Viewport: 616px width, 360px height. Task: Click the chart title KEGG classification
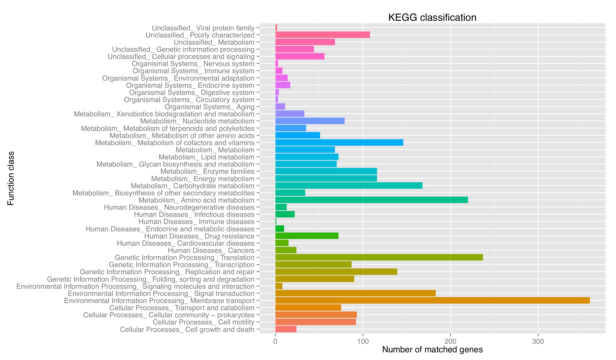point(432,17)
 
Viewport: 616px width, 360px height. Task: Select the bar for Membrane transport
point(432,301)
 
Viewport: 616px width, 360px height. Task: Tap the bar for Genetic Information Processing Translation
point(379,257)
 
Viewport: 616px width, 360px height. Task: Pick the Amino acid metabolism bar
point(372,200)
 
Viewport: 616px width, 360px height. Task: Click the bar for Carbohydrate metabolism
point(349,186)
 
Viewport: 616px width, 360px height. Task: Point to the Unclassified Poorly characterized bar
point(323,35)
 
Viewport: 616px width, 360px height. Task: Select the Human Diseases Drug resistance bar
point(307,236)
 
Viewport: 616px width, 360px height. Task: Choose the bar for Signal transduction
point(355,293)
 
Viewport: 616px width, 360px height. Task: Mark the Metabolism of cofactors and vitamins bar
point(339,143)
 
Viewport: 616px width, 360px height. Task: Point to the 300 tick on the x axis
point(538,341)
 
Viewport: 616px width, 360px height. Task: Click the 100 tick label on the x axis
point(363,341)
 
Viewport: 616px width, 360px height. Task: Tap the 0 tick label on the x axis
point(275,341)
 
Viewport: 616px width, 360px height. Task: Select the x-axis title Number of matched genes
point(432,350)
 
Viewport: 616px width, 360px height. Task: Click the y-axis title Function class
point(11,178)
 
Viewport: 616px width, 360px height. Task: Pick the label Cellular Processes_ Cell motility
point(203,322)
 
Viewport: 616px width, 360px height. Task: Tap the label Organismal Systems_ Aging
point(209,107)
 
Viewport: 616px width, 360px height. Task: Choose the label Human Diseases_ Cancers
point(211,251)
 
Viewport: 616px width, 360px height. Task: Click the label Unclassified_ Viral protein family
point(203,28)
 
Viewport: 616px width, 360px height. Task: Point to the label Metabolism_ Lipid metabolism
point(206,157)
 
